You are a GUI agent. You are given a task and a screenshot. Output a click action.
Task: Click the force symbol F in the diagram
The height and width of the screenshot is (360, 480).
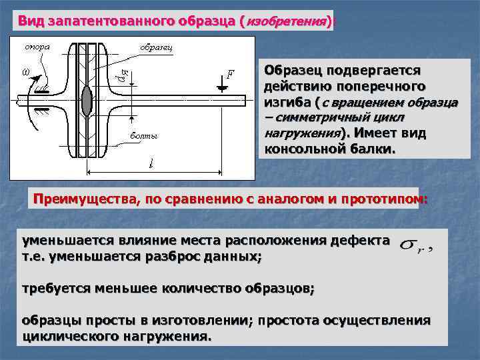pyautogui.click(x=230, y=74)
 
